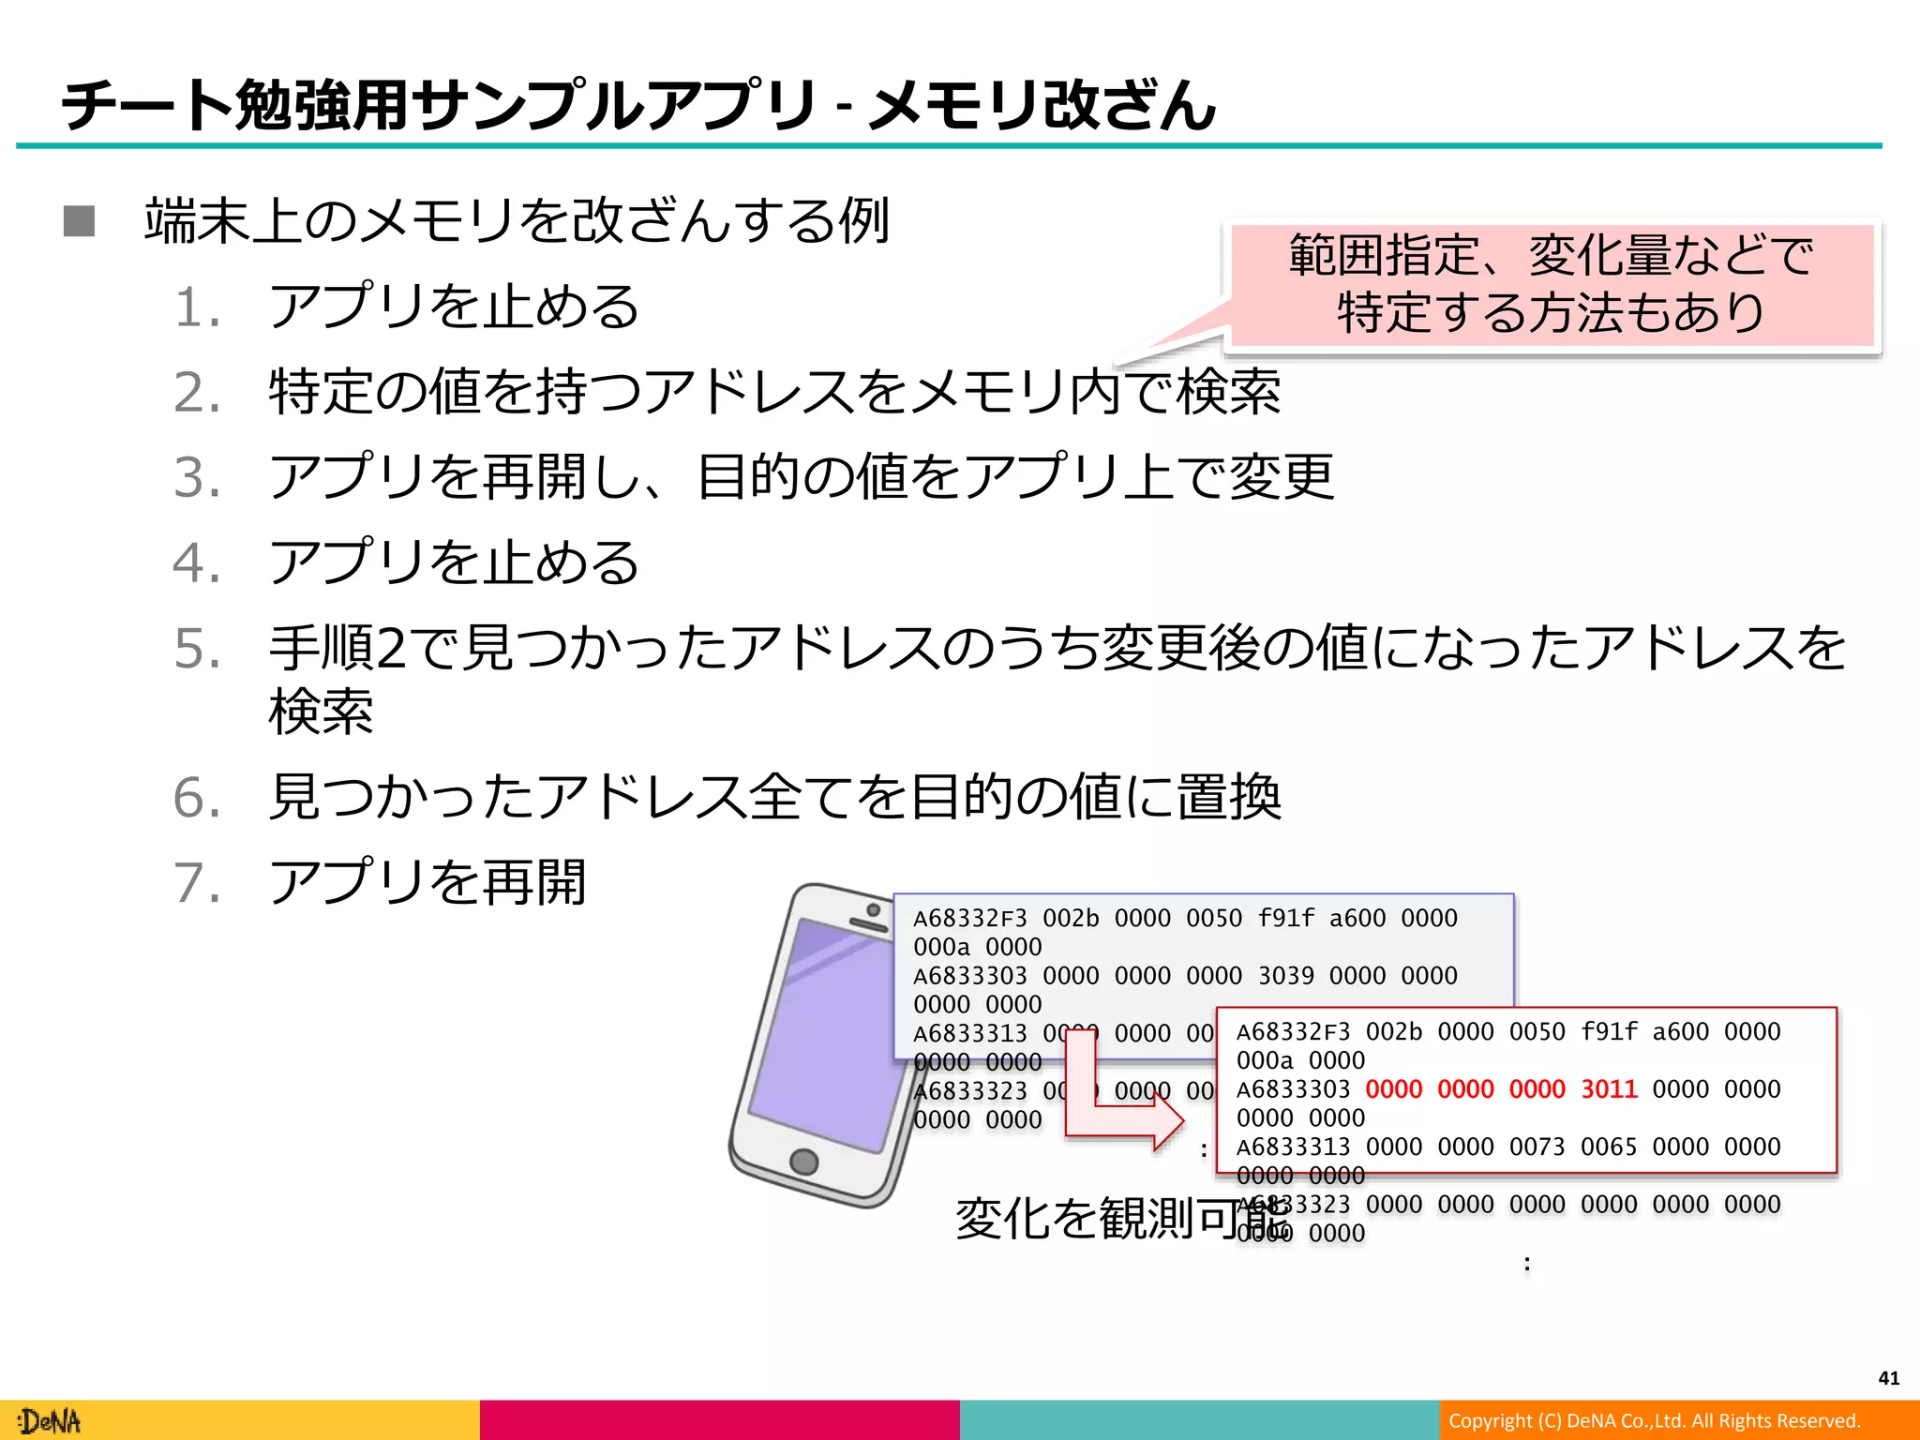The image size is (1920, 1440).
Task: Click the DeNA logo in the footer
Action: pyautogui.click(x=52, y=1421)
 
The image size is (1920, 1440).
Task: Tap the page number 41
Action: pyautogui.click(x=1888, y=1378)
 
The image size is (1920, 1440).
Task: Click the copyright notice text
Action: pyautogui.click(x=1654, y=1421)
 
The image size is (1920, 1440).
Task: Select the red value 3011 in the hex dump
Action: pyautogui.click(x=1609, y=1089)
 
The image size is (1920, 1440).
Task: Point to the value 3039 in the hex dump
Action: pyautogui.click(x=1285, y=976)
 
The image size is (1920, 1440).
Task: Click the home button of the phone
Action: pyautogui.click(x=803, y=1162)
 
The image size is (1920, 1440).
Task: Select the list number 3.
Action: pyautogui.click(x=197, y=477)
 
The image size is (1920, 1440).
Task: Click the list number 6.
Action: pyautogui.click(x=197, y=799)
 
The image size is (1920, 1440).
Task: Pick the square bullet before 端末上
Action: pyautogui.click(x=80, y=222)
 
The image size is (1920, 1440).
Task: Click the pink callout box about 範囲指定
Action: pyautogui.click(x=1551, y=284)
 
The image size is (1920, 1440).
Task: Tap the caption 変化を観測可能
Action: pyautogui.click(x=1121, y=1219)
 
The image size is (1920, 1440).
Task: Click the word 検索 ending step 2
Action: pyautogui.click(x=1228, y=392)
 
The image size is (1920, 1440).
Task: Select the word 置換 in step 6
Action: pyautogui.click(x=1228, y=798)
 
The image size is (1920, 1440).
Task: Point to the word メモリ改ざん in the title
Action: pyautogui.click(x=1041, y=104)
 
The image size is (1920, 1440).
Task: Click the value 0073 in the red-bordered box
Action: pyautogui.click(x=1537, y=1147)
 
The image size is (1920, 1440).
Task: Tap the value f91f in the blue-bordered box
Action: pyautogui.click(x=1285, y=918)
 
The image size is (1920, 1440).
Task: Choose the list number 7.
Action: pyautogui.click(x=197, y=884)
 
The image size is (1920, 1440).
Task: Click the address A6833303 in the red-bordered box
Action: pyautogui.click(x=1293, y=1089)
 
